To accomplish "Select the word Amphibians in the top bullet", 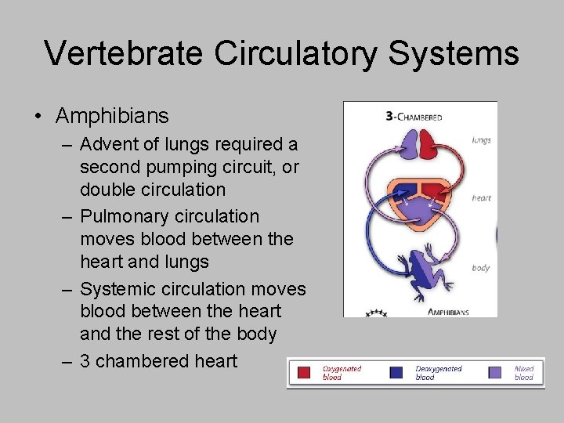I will [x=112, y=116].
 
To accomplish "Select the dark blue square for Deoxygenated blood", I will [x=399, y=373].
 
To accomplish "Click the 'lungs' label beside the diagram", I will [x=481, y=140].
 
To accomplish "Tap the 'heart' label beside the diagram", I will [x=481, y=198].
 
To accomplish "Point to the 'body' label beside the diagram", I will [x=480, y=268].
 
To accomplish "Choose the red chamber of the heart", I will [x=432, y=190].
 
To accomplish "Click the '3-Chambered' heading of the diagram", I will [x=414, y=117].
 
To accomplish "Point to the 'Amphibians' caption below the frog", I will [x=448, y=312].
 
